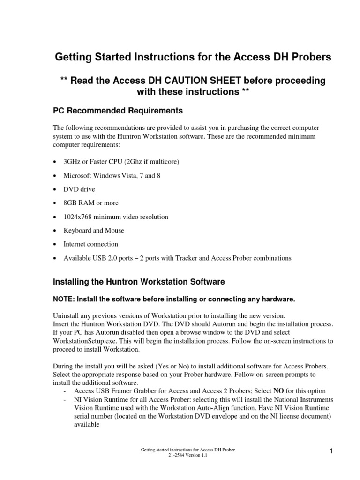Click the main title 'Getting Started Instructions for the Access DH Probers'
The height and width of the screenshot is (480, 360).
tap(193, 57)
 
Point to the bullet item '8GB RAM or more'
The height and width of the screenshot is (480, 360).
tap(91, 203)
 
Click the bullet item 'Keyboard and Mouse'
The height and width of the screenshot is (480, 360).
tap(94, 231)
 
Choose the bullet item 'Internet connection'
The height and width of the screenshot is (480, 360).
tap(91, 244)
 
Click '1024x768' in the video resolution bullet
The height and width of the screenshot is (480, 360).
tap(78, 217)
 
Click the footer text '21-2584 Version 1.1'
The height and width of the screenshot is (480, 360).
tap(188, 455)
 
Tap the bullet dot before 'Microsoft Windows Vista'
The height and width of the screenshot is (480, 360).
tap(55, 176)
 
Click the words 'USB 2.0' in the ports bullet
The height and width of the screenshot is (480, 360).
tap(104, 258)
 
